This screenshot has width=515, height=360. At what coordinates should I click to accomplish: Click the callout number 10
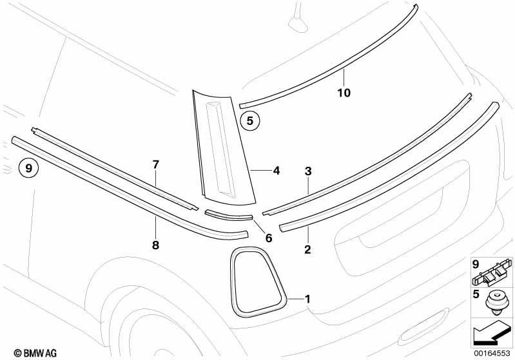coord(344,93)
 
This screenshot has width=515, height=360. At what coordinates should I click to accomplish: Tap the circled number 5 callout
coord(250,121)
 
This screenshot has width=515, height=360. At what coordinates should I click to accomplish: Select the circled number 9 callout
coord(28,168)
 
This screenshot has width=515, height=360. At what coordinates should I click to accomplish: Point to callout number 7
coord(156,164)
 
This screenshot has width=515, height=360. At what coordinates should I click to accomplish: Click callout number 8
coord(156,245)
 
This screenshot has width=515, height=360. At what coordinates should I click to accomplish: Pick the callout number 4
coord(277,171)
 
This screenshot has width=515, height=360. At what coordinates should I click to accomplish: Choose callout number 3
coord(307,171)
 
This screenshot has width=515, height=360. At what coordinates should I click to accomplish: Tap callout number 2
coord(307,249)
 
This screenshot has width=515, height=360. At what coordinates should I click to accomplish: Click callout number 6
coord(269,238)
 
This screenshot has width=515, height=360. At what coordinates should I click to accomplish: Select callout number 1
coord(307,299)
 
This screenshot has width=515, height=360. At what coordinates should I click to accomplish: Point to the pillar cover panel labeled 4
coord(224,147)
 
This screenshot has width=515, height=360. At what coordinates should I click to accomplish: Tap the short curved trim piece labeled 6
coord(229,215)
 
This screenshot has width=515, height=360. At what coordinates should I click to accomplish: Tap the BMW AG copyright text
coord(35,353)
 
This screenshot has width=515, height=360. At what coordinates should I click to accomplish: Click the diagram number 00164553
coord(492,354)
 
